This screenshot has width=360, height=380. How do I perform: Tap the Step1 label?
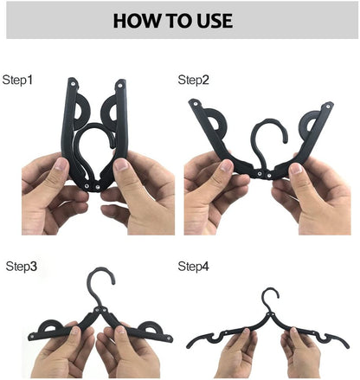tap(17, 80)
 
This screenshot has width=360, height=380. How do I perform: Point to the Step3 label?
tap(22, 267)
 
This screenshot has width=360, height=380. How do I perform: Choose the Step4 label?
tap(194, 267)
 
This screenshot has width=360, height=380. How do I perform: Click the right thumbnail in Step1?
tap(120, 166)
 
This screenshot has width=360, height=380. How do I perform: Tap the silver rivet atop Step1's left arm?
tap(73, 85)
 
